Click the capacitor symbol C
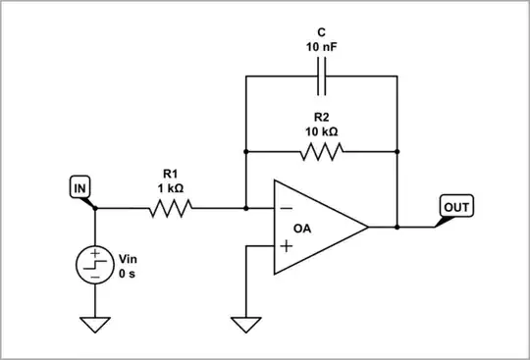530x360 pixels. (321, 76)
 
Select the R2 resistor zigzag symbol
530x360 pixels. (321, 151)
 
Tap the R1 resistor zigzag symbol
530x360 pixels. (171, 208)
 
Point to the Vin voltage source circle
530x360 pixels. (95, 265)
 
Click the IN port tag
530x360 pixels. (80, 186)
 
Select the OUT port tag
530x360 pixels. (456, 207)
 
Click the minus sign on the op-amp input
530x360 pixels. (287, 209)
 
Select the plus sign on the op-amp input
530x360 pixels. (287, 245)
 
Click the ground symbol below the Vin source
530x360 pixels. (95, 325)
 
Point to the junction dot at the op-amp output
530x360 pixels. (397, 227)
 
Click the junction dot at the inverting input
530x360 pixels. (244, 208)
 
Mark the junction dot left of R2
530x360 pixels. (244, 151)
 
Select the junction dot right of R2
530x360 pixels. (397, 151)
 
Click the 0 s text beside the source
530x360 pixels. (128, 276)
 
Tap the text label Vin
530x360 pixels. (129, 260)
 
